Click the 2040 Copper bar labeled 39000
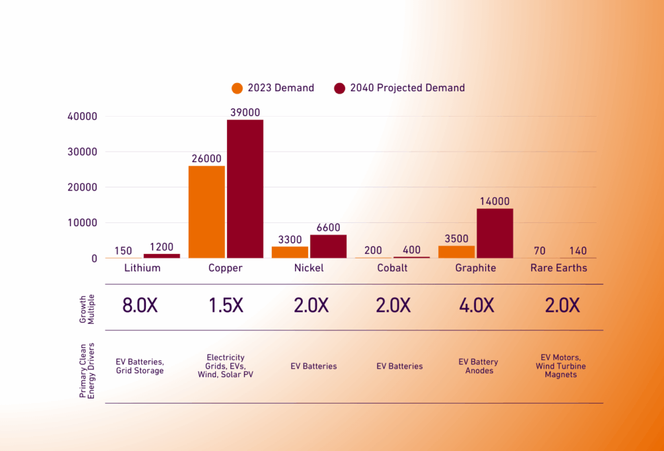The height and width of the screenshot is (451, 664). click(x=245, y=189)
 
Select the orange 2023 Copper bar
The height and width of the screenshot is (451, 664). click(x=206, y=212)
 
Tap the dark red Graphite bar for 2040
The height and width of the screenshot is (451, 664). click(x=495, y=233)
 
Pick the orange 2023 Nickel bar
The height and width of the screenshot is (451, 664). click(x=290, y=252)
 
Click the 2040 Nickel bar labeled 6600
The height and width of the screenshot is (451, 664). click(x=329, y=246)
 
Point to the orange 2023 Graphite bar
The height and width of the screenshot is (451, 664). click(x=456, y=251)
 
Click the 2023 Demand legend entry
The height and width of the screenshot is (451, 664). click(x=273, y=88)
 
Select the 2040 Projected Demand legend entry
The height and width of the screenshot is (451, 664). click(x=399, y=88)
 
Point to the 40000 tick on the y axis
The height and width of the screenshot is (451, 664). click(x=82, y=117)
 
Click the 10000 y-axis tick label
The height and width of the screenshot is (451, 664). click(x=82, y=223)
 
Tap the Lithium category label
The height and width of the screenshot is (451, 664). click(x=142, y=268)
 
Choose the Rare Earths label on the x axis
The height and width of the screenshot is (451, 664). click(x=558, y=268)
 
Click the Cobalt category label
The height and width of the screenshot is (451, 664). click(x=392, y=268)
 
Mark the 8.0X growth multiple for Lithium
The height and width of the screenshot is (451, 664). click(x=140, y=306)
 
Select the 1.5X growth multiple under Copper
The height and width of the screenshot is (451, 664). click(x=226, y=306)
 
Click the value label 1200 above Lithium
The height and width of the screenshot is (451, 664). click(x=161, y=247)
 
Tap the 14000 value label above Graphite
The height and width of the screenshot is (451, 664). click(x=495, y=202)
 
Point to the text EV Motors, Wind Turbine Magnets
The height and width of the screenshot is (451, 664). click(x=561, y=365)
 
